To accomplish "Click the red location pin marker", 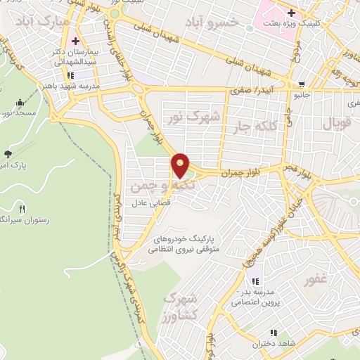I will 181,166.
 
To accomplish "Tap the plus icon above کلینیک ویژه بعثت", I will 290,12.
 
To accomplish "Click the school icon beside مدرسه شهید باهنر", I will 70,75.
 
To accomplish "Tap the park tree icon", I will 8,153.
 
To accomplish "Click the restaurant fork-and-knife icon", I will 22,208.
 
